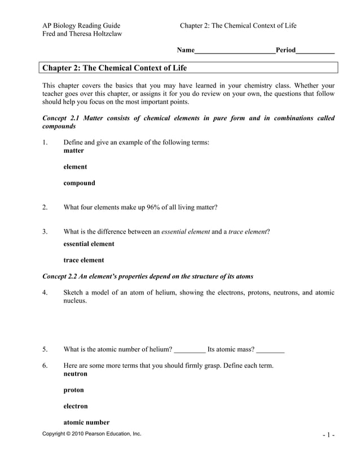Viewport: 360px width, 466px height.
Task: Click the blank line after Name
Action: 235,51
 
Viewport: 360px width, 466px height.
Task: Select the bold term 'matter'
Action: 73,151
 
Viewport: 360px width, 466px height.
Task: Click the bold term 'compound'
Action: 79,183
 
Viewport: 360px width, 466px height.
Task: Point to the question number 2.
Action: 45,207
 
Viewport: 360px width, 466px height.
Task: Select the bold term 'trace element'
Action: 84,260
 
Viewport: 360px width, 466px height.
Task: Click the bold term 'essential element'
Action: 89,244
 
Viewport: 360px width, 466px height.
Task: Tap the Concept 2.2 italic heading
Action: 148,276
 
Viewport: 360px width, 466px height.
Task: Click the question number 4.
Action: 45,292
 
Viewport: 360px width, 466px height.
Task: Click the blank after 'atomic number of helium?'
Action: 190,349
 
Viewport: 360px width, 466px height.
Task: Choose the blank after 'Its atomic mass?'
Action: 270,349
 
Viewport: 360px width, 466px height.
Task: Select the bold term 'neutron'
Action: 75,373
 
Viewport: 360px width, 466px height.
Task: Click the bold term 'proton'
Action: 73,390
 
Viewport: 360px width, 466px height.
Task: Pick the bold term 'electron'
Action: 76,406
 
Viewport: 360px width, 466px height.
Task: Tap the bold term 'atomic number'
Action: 86,423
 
